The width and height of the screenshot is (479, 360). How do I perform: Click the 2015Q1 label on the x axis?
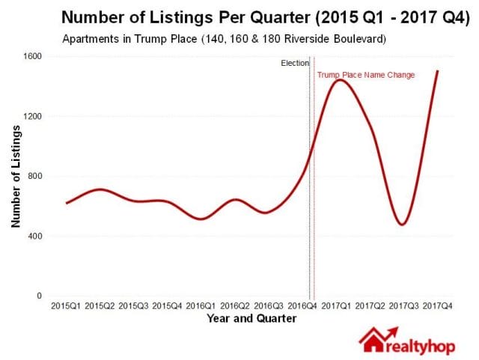pos(66,306)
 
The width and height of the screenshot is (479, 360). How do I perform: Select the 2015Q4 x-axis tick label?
pos(167,306)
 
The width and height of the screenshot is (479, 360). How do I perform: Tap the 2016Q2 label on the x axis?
pos(235,306)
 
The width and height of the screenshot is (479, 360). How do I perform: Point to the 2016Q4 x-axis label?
pos(302,306)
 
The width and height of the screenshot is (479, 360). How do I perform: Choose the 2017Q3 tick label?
pos(403,306)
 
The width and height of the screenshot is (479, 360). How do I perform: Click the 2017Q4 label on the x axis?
pos(438,306)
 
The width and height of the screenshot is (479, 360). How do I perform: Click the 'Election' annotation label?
pos(294,64)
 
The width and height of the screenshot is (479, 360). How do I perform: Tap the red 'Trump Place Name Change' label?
pos(366,75)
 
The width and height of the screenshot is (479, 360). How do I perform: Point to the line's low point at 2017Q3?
pos(403,224)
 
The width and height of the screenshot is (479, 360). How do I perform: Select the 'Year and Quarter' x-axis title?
pos(251,319)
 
